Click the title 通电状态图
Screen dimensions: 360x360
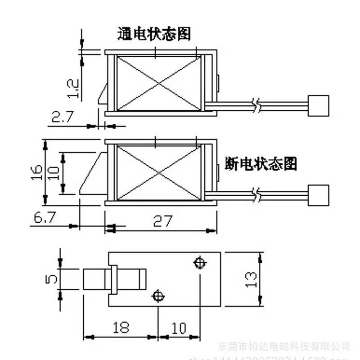click(154, 34)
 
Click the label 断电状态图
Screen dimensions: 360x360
click(261, 164)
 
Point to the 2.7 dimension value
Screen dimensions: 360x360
click(62, 117)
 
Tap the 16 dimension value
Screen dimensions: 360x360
click(38, 172)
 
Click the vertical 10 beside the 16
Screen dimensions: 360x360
click(54, 173)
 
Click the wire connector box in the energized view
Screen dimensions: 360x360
click(318, 106)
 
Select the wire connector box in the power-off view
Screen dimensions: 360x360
click(318, 195)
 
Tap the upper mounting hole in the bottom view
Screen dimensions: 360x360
click(198, 262)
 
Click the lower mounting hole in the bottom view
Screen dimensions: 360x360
click(157, 296)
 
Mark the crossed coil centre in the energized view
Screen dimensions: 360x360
click(158, 83)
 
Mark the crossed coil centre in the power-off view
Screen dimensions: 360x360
click(158, 173)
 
